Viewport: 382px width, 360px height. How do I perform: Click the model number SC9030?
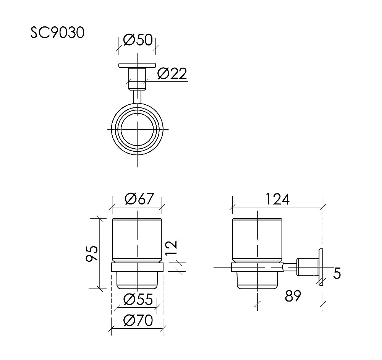point(57,33)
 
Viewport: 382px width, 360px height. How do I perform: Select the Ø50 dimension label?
point(138,40)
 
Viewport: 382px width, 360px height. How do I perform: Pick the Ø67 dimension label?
point(139,199)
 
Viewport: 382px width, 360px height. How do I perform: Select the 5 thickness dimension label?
point(337,273)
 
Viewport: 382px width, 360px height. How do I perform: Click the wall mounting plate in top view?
point(137,66)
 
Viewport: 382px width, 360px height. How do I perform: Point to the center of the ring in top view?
point(137,129)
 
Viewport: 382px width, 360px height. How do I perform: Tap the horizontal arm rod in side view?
point(290,267)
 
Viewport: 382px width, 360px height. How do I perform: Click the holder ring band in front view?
point(137,267)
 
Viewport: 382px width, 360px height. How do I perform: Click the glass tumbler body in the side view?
point(258,240)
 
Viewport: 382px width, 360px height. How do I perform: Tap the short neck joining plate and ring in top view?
point(137,95)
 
